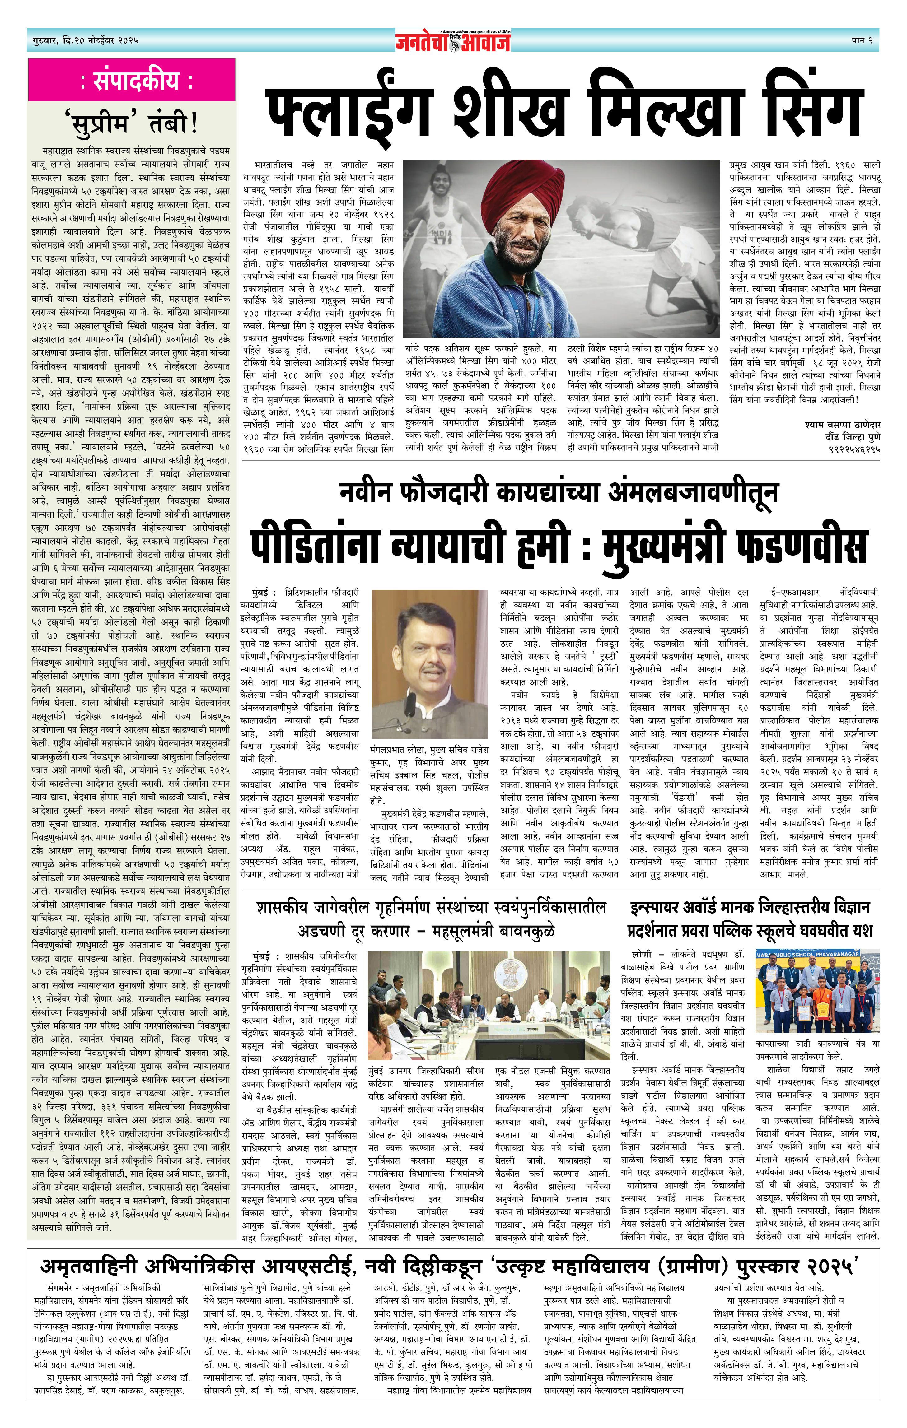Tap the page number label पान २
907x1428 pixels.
pos(861,40)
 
